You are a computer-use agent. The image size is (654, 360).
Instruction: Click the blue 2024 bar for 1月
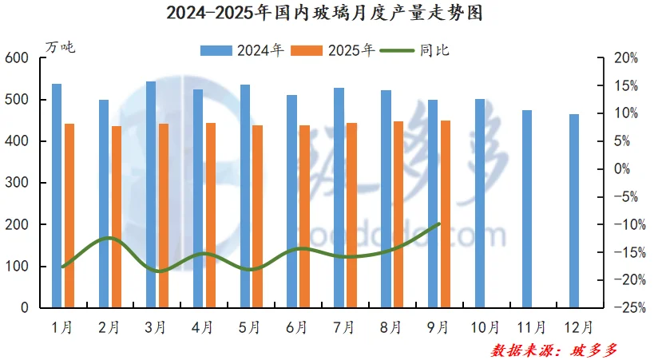pos(57,196)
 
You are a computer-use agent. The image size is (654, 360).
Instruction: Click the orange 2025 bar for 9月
pos(446,214)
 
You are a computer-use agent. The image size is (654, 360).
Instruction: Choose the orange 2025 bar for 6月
pos(304,216)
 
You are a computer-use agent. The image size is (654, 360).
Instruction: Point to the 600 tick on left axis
pos(16,58)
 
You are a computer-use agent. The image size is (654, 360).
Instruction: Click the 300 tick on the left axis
pos(16,183)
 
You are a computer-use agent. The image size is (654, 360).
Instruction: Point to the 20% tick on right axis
pos(626,58)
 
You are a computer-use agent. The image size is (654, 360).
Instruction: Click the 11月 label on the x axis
pos(533,326)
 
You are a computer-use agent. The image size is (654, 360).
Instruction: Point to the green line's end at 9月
pos(439,224)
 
